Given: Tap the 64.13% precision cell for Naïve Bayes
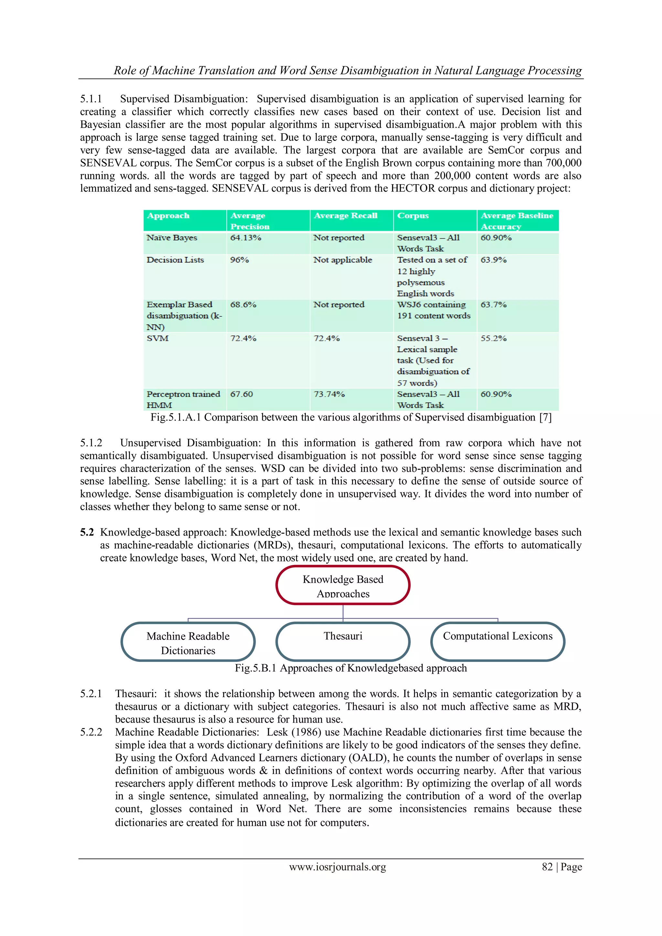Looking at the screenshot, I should click(x=245, y=238).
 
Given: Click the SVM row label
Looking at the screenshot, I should click(x=157, y=338).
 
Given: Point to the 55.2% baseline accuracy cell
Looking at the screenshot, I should click(x=493, y=338).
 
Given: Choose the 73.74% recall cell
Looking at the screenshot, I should click(x=329, y=394).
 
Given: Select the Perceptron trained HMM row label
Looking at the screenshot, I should click(x=183, y=399).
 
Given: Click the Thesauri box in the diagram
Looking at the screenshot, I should click(x=343, y=641).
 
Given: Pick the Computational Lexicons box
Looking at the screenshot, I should click(x=498, y=641).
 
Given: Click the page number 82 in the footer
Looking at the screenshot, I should click(x=547, y=867).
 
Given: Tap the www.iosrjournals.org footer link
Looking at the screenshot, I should click(x=337, y=867).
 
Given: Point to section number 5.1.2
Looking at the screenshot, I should click(x=91, y=443).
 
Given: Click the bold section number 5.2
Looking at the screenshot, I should click(x=86, y=532).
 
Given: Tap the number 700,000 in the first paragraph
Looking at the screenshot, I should click(x=563, y=163).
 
